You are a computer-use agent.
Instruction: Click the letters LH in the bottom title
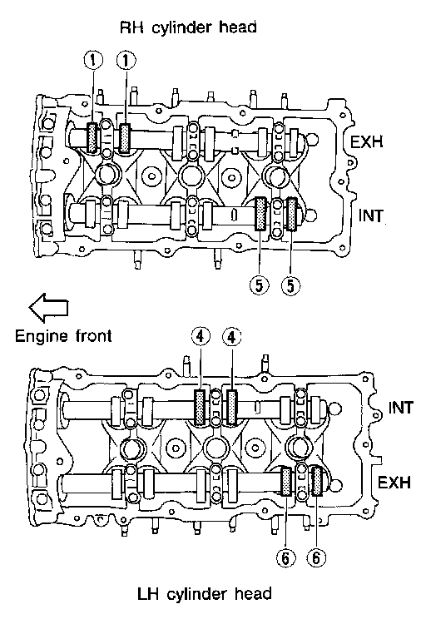coord(148,594)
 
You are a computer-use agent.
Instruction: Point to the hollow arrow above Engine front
coord(48,308)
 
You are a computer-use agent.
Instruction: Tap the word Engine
coord(42,337)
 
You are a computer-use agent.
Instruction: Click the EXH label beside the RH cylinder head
coord(366,141)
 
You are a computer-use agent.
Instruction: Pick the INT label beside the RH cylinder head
coord(370,216)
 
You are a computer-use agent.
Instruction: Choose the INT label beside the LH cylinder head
coord(401,408)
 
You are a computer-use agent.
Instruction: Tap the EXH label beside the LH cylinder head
coord(394,483)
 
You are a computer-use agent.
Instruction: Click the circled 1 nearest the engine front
coord(93,61)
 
